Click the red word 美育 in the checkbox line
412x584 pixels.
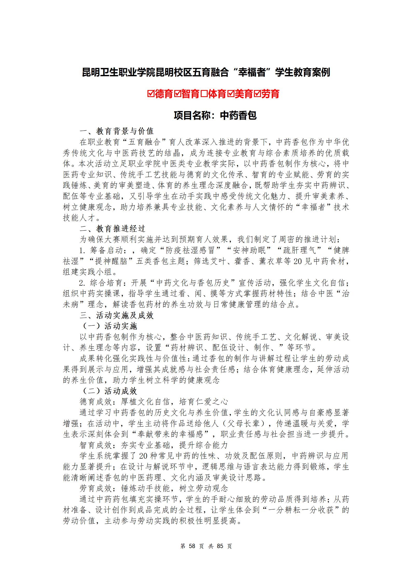pyautogui.click(x=244, y=94)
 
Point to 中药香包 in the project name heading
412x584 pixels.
pyautogui.click(x=238, y=115)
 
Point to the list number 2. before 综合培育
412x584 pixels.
pyautogui.click(x=83, y=283)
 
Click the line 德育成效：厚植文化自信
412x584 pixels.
pyautogui.click(x=154, y=402)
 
